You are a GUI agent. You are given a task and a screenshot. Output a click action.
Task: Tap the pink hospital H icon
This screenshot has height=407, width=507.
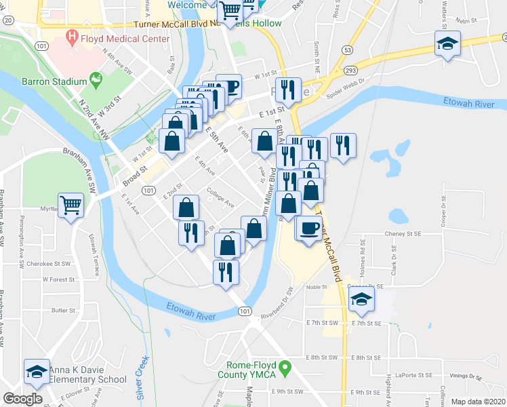[70, 36]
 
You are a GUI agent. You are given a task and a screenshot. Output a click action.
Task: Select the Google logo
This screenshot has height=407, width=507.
[22, 398]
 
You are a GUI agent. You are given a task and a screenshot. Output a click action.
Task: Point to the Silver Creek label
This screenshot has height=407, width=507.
[142, 376]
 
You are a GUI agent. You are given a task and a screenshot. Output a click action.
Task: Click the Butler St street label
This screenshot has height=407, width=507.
[63, 311]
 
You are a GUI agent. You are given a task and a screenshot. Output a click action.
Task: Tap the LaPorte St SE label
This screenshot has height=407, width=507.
[416, 374]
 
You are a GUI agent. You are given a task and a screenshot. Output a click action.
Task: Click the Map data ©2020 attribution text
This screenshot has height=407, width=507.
[478, 402]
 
